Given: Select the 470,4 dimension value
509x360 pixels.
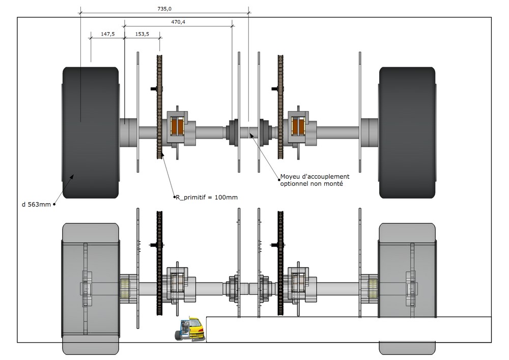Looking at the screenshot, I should pyautogui.click(x=178, y=22).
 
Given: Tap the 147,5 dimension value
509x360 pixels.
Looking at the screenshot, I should pyautogui.click(x=107, y=34).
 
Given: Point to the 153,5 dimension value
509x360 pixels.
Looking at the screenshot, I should pyautogui.click(x=143, y=34).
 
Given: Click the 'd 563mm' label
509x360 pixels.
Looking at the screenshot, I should pyautogui.click(x=35, y=205).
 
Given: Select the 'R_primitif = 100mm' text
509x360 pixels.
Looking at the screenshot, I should pyautogui.click(x=206, y=197).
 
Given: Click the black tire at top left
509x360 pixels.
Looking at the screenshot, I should pyautogui.click(x=91, y=132).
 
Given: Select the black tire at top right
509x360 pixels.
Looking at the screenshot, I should pyautogui.click(x=407, y=132).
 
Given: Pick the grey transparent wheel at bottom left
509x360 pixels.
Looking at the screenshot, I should pyautogui.click(x=91, y=288).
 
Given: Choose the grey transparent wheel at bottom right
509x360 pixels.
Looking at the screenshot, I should pyautogui.click(x=407, y=288).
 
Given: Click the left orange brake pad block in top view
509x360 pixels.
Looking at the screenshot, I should pyautogui.click(x=177, y=127).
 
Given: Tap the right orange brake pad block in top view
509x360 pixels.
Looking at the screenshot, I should pyautogui.click(x=298, y=127).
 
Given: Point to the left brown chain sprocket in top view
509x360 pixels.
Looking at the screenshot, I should pyautogui.click(x=159, y=107).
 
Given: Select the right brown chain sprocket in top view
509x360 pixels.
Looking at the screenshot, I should pyautogui.click(x=280, y=107).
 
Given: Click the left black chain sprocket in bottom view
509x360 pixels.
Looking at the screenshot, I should pyautogui.click(x=159, y=265).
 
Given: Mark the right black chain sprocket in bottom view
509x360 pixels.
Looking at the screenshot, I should pyautogui.click(x=280, y=265).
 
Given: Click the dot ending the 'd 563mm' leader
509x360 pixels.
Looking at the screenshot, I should pyautogui.click(x=54, y=205).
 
